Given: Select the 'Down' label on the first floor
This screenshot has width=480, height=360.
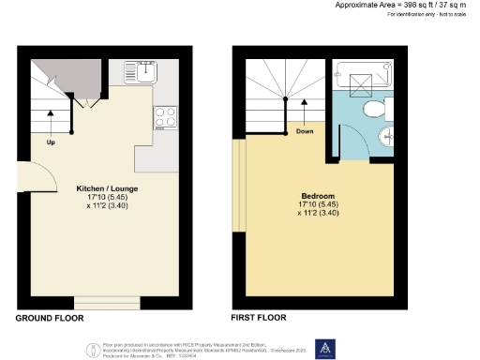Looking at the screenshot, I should pos(305,131).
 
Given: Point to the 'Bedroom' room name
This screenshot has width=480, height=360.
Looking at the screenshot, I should pos(316,196).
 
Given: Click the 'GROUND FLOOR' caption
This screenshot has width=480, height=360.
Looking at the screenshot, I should pos(50,319).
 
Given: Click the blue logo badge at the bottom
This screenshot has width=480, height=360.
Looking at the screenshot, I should pos(324,348).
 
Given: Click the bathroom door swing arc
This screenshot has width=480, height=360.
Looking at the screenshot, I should pos(356,150).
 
